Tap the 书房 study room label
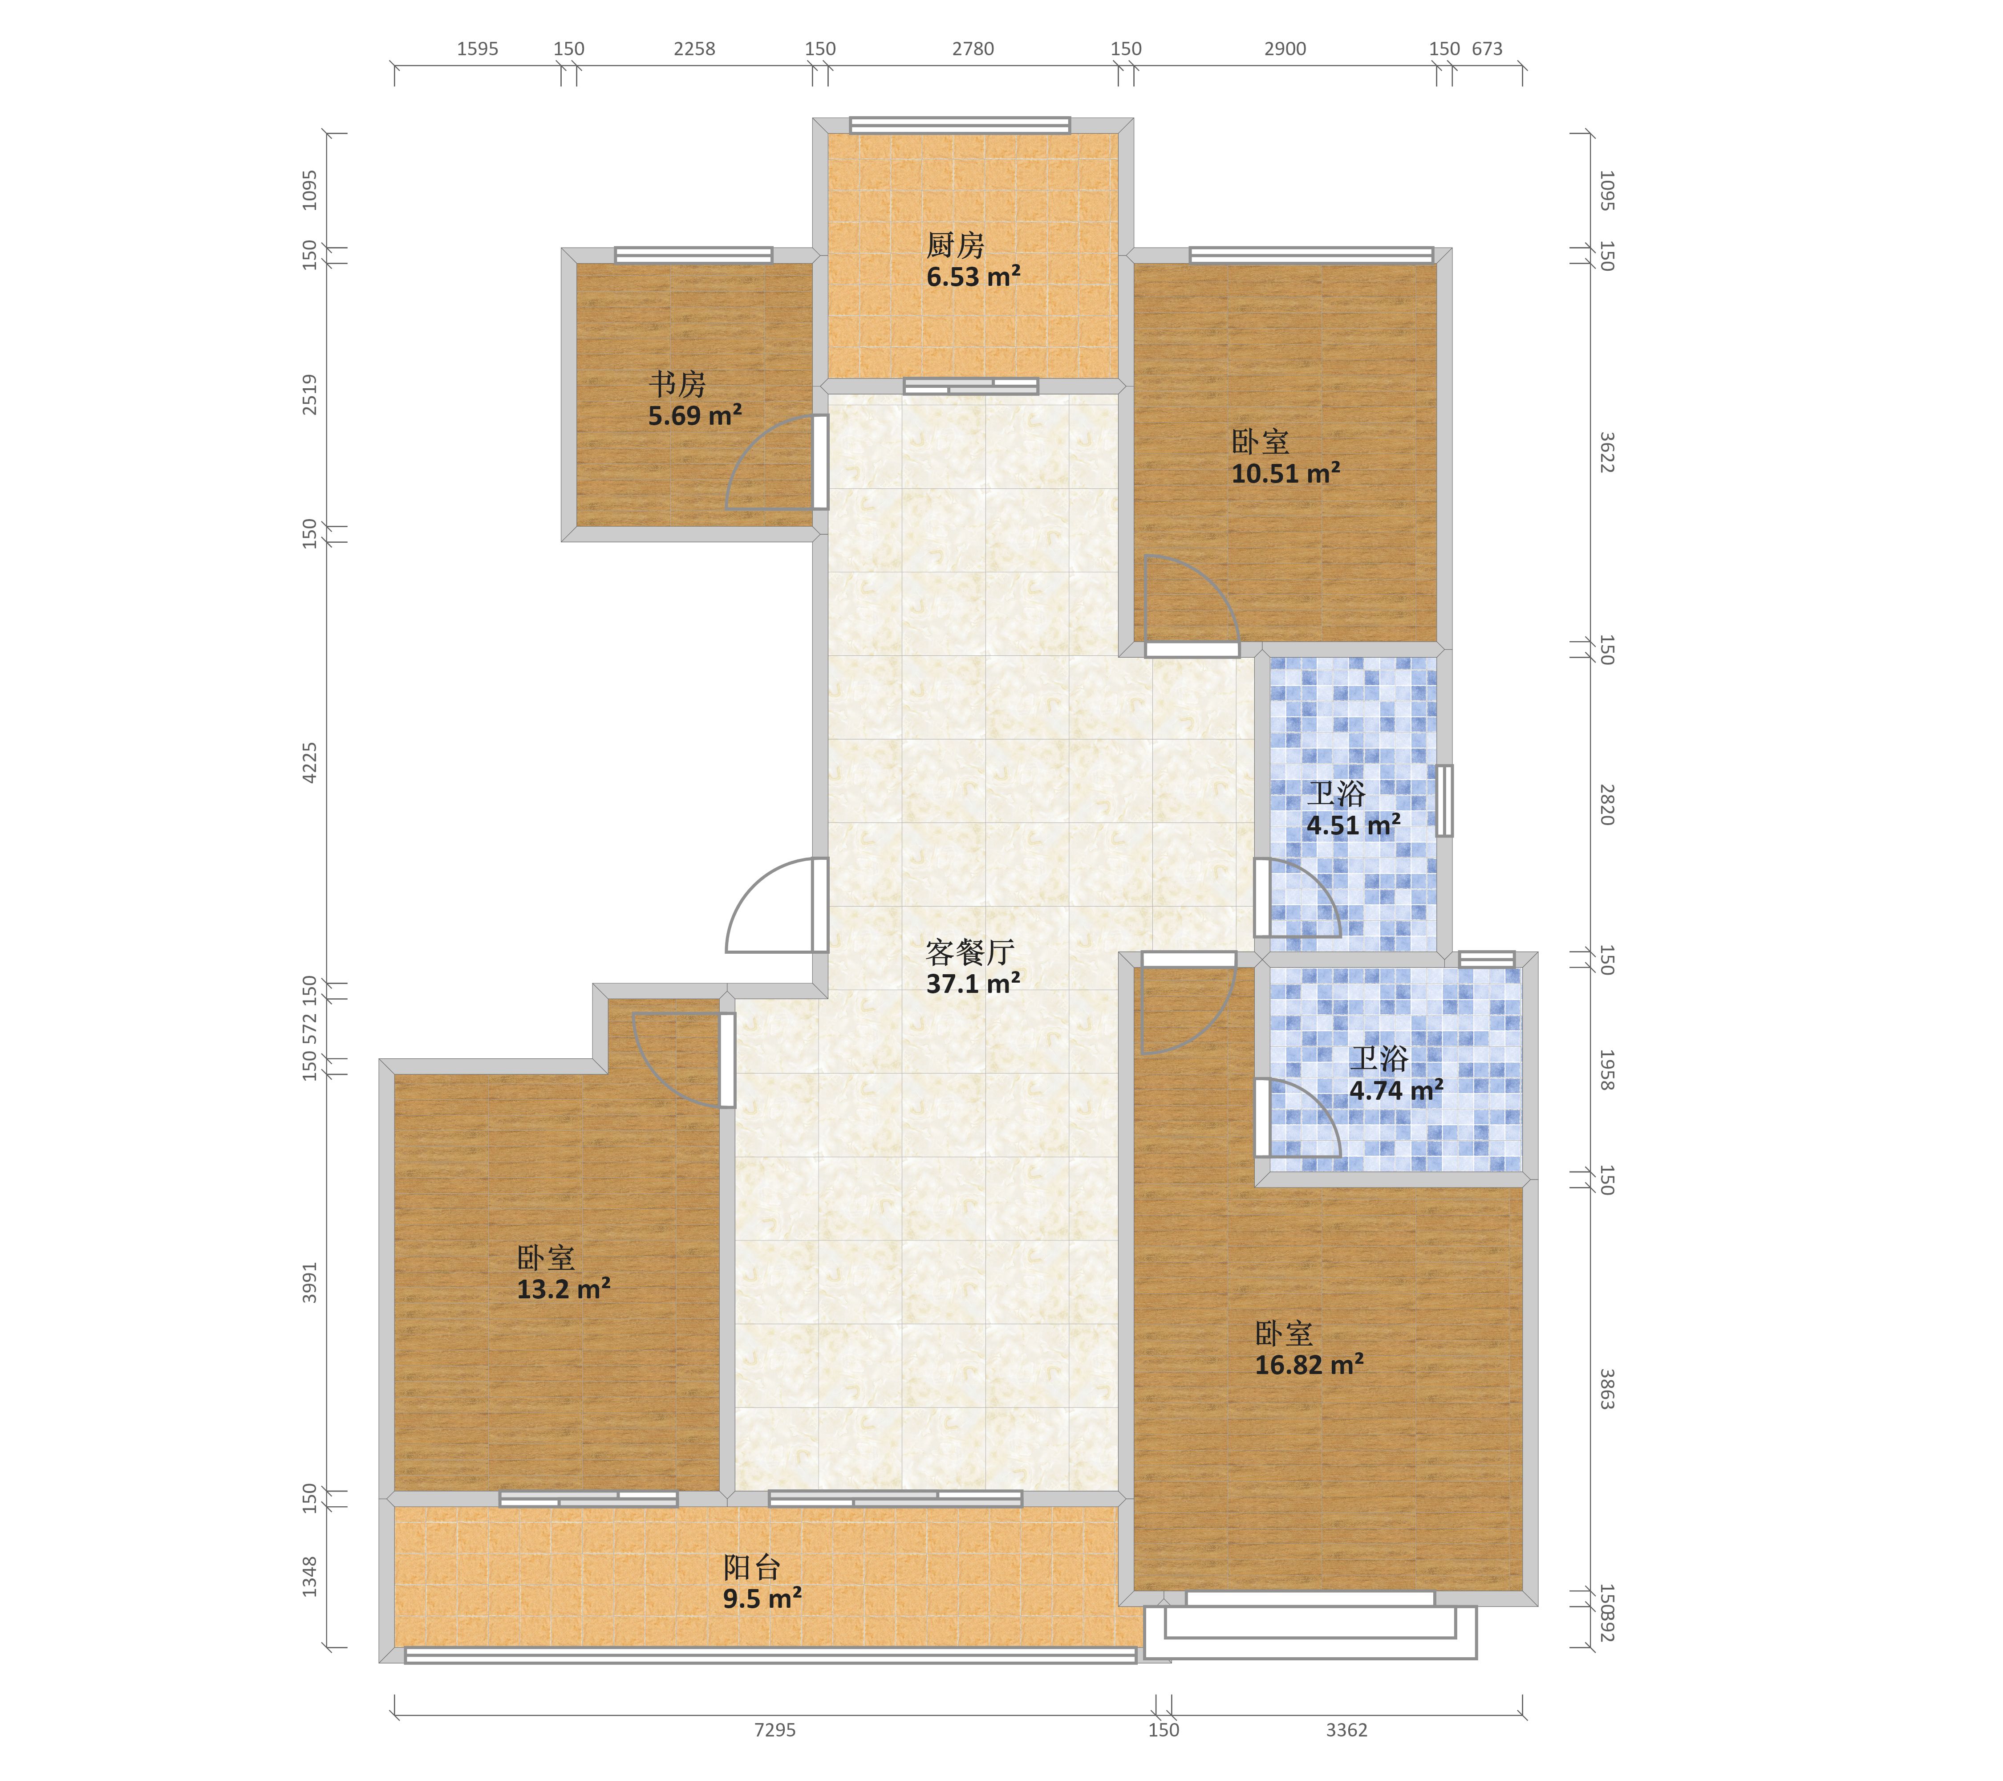(x=677, y=383)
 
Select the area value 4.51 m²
(x=1353, y=825)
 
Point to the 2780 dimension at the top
(x=973, y=49)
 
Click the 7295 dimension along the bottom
(x=775, y=1730)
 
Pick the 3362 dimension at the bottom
(x=1346, y=1730)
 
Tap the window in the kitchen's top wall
(x=959, y=125)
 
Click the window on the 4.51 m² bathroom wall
(x=1444, y=801)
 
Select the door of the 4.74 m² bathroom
(x=1262, y=1118)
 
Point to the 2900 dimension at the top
(x=1285, y=49)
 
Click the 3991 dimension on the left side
(x=310, y=1282)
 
